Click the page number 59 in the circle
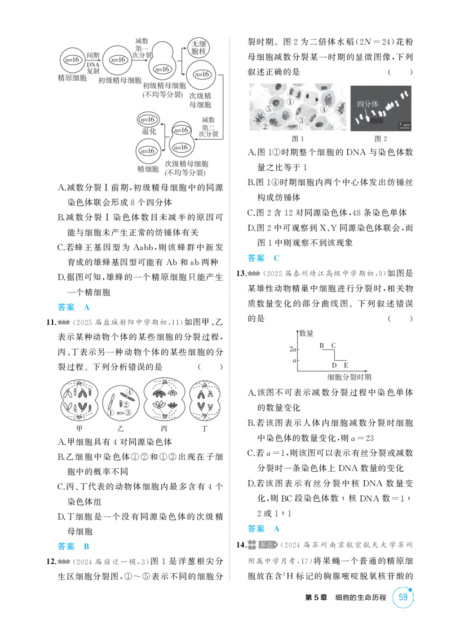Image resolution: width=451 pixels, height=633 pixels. click(403, 597)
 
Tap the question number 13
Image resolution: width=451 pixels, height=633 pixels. click(241, 273)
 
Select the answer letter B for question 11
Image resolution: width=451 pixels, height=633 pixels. click(86, 546)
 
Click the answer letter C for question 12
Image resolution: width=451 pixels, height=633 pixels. click(277, 258)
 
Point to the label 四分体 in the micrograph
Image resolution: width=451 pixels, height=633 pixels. click(368, 104)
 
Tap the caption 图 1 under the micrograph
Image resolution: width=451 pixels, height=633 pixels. click(298, 139)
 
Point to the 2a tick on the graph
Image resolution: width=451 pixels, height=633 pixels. click(293, 349)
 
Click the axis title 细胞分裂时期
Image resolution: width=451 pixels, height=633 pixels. click(349, 377)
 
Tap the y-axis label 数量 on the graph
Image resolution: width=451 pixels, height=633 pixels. click(307, 333)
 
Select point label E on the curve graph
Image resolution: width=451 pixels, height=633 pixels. click(346, 365)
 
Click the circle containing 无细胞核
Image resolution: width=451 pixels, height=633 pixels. click(198, 48)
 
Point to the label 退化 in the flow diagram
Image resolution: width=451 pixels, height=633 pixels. click(149, 131)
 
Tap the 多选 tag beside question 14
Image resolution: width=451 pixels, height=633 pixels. click(268, 545)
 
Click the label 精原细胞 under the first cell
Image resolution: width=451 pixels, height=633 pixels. click(72, 78)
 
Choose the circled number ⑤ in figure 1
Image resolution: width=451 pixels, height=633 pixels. click(268, 109)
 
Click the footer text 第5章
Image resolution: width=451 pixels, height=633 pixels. click(316, 597)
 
